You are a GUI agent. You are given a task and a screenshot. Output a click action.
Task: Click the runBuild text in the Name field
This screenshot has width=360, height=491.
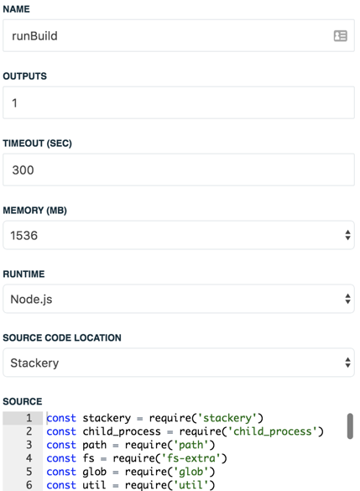(x=34, y=36)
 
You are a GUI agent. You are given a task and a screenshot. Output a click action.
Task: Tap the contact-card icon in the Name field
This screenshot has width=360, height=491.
(x=340, y=36)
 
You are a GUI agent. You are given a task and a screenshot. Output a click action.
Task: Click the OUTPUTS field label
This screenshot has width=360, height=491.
(x=24, y=76)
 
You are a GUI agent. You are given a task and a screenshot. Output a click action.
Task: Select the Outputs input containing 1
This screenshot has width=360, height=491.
(x=179, y=102)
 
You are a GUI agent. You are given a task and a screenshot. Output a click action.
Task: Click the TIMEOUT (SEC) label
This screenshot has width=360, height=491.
(x=37, y=144)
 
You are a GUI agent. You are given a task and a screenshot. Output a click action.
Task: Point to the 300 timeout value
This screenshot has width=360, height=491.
(x=23, y=170)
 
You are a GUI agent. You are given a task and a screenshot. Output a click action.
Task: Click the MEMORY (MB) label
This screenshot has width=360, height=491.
(x=34, y=210)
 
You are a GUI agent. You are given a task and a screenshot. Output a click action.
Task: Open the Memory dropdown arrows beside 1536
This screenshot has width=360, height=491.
(x=347, y=235)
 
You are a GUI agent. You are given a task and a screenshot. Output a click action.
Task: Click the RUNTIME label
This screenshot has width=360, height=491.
(x=23, y=274)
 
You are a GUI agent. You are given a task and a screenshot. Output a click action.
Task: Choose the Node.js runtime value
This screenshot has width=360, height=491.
(x=31, y=300)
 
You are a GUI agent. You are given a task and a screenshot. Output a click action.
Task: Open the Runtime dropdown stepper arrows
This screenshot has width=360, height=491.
(x=347, y=299)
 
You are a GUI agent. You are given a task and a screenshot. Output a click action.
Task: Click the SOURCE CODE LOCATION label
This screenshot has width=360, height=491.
(x=62, y=337)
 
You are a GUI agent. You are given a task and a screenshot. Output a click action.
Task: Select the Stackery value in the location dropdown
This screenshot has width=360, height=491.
(x=34, y=363)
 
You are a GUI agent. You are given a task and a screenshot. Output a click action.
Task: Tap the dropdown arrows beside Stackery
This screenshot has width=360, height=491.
(x=347, y=363)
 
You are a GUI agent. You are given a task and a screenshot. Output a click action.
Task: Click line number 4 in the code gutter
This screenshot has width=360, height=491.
(x=29, y=458)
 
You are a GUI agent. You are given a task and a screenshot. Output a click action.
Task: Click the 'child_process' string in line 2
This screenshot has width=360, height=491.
(x=273, y=431)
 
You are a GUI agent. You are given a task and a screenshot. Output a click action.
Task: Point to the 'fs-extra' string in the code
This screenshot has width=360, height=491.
(x=191, y=458)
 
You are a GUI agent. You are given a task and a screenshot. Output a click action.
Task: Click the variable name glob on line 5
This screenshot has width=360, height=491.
(x=95, y=472)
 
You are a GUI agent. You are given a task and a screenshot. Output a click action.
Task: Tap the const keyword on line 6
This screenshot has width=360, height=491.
(x=61, y=485)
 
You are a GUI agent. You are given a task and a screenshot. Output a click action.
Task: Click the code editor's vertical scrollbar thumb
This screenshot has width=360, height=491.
(x=350, y=426)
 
